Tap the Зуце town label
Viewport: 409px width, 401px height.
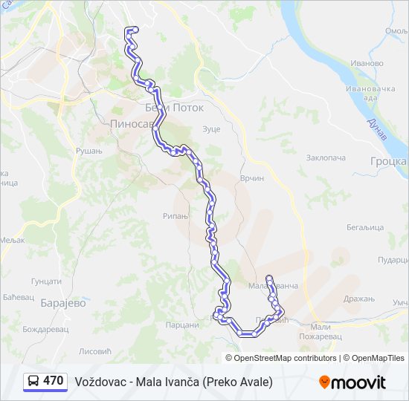coord(212,129)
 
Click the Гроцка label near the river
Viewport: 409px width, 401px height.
coord(390,161)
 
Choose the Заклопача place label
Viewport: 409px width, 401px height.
coord(326,158)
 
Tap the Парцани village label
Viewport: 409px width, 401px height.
coord(182,325)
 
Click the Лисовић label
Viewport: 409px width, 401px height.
coord(94,351)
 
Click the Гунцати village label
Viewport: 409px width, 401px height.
coord(46,281)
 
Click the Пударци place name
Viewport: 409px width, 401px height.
coord(393,259)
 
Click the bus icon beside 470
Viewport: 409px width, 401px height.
coord(33,382)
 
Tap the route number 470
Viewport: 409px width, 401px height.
coord(54,381)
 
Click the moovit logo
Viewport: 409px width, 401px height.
coord(352,382)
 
